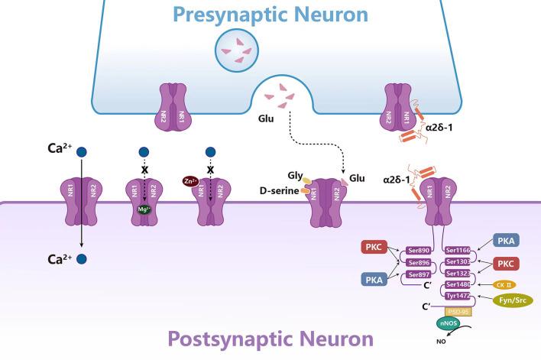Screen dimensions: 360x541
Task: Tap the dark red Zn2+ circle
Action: pyautogui.click(x=190, y=180)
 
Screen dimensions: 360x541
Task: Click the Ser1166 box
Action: pyautogui.click(x=458, y=249)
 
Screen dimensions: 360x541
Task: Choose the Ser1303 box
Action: pyautogui.click(x=458, y=261)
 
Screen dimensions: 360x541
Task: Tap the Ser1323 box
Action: pyautogui.click(x=458, y=273)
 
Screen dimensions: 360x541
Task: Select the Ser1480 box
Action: pyautogui.click(x=458, y=284)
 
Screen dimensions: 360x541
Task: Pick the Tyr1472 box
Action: pyautogui.click(x=458, y=296)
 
